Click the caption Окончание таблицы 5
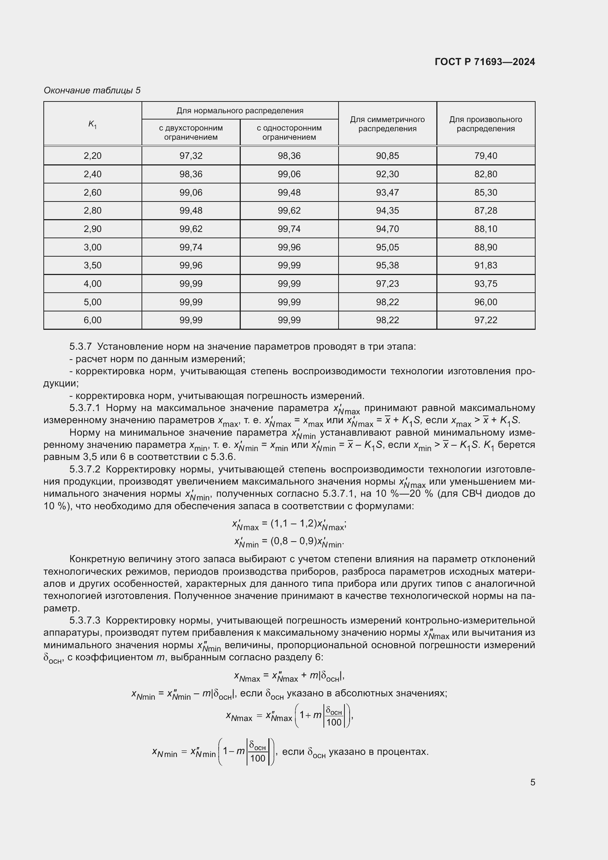coord(92,90)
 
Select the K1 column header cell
coord(93,124)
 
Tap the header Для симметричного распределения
coord(387,124)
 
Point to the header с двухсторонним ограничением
coord(190,133)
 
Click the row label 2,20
coord(93,156)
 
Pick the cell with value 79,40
coord(486,156)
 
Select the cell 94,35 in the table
coord(387,211)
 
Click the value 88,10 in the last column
coord(486,229)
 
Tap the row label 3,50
coord(93,265)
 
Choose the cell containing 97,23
coord(387,284)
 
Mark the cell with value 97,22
coord(486,320)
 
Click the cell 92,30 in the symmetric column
coord(387,174)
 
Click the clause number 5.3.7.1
coord(85,408)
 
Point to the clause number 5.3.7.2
coord(85,469)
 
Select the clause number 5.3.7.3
coord(85,621)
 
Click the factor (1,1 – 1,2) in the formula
coord(289,524)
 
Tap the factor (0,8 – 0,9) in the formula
coord(289,541)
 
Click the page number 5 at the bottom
coord(532,782)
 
